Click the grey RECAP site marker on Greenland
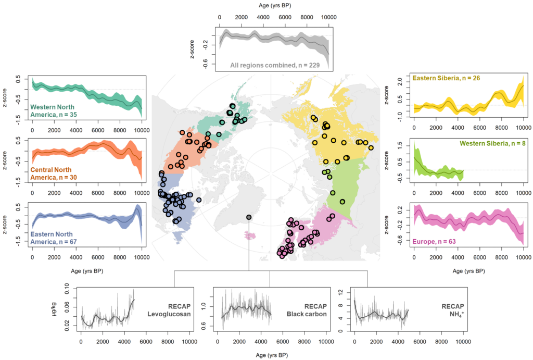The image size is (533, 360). click(249, 217)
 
